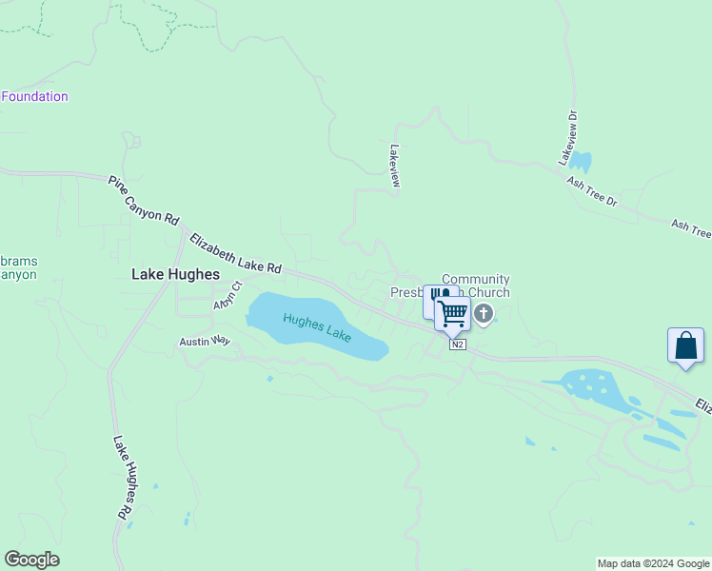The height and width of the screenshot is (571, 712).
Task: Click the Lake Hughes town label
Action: (175, 274)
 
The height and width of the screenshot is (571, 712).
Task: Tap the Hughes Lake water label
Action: (317, 328)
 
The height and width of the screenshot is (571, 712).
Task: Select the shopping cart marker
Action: (454, 312)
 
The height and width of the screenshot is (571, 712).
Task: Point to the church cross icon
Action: (484, 313)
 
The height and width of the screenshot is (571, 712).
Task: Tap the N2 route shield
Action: (458, 344)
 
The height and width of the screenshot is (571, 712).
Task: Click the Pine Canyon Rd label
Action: (144, 200)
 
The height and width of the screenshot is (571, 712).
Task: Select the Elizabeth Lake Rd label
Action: (236, 254)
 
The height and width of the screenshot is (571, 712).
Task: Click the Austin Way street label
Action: (206, 341)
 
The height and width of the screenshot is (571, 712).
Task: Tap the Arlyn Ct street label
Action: (228, 296)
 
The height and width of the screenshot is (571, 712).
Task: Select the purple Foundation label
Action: (34, 96)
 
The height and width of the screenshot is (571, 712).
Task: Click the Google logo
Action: (31, 560)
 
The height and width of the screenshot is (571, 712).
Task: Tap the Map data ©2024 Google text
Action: (653, 563)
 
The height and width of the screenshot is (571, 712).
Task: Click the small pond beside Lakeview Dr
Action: (580, 161)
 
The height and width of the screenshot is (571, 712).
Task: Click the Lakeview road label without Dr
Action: (394, 166)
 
